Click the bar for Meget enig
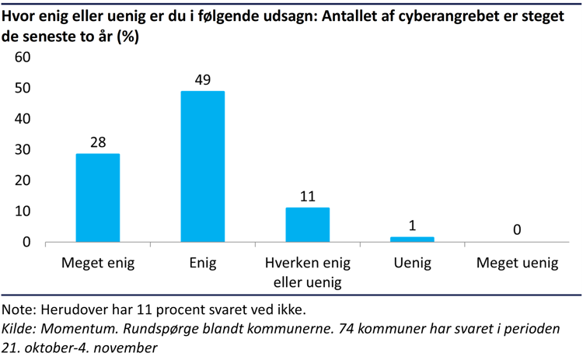tap(98, 197)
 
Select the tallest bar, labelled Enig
tap(203, 166)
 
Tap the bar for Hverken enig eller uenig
tap(308, 225)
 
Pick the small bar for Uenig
tap(412, 239)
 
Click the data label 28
tap(98, 142)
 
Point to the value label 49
tap(203, 79)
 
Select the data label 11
tap(308, 196)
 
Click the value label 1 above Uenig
tap(412, 225)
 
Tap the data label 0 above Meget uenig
tap(517, 229)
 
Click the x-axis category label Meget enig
tap(98, 263)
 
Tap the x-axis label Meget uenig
tap(517, 263)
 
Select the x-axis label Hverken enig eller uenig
tap(308, 272)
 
